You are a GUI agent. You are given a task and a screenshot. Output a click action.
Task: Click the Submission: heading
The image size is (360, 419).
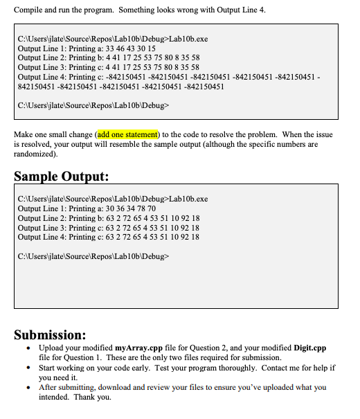point(51,335)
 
